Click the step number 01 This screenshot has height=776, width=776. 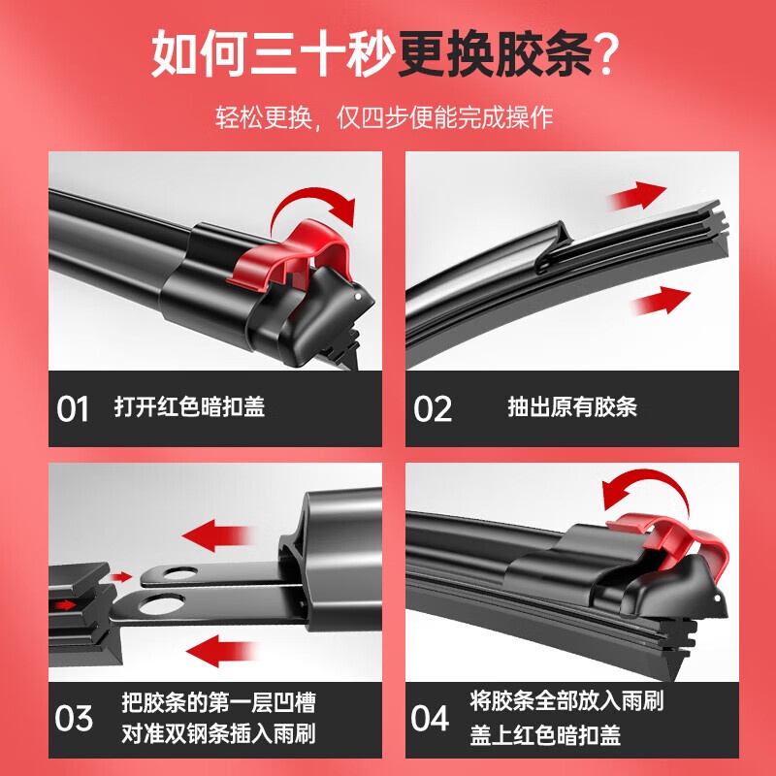(72, 408)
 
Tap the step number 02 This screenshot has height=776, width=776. (433, 408)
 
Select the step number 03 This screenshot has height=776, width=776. (74, 718)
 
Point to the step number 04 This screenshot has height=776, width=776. (430, 718)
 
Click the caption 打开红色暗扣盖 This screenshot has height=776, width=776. (189, 406)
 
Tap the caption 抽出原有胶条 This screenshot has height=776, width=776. (572, 406)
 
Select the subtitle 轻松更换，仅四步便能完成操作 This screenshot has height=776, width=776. (384, 117)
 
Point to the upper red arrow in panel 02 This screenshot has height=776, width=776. (637, 195)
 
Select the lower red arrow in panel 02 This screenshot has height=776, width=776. (662, 300)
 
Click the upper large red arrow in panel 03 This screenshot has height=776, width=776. (217, 535)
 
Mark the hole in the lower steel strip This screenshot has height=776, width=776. (161, 605)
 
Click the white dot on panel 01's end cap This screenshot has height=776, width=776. (358, 297)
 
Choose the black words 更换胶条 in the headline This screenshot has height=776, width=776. (495, 53)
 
